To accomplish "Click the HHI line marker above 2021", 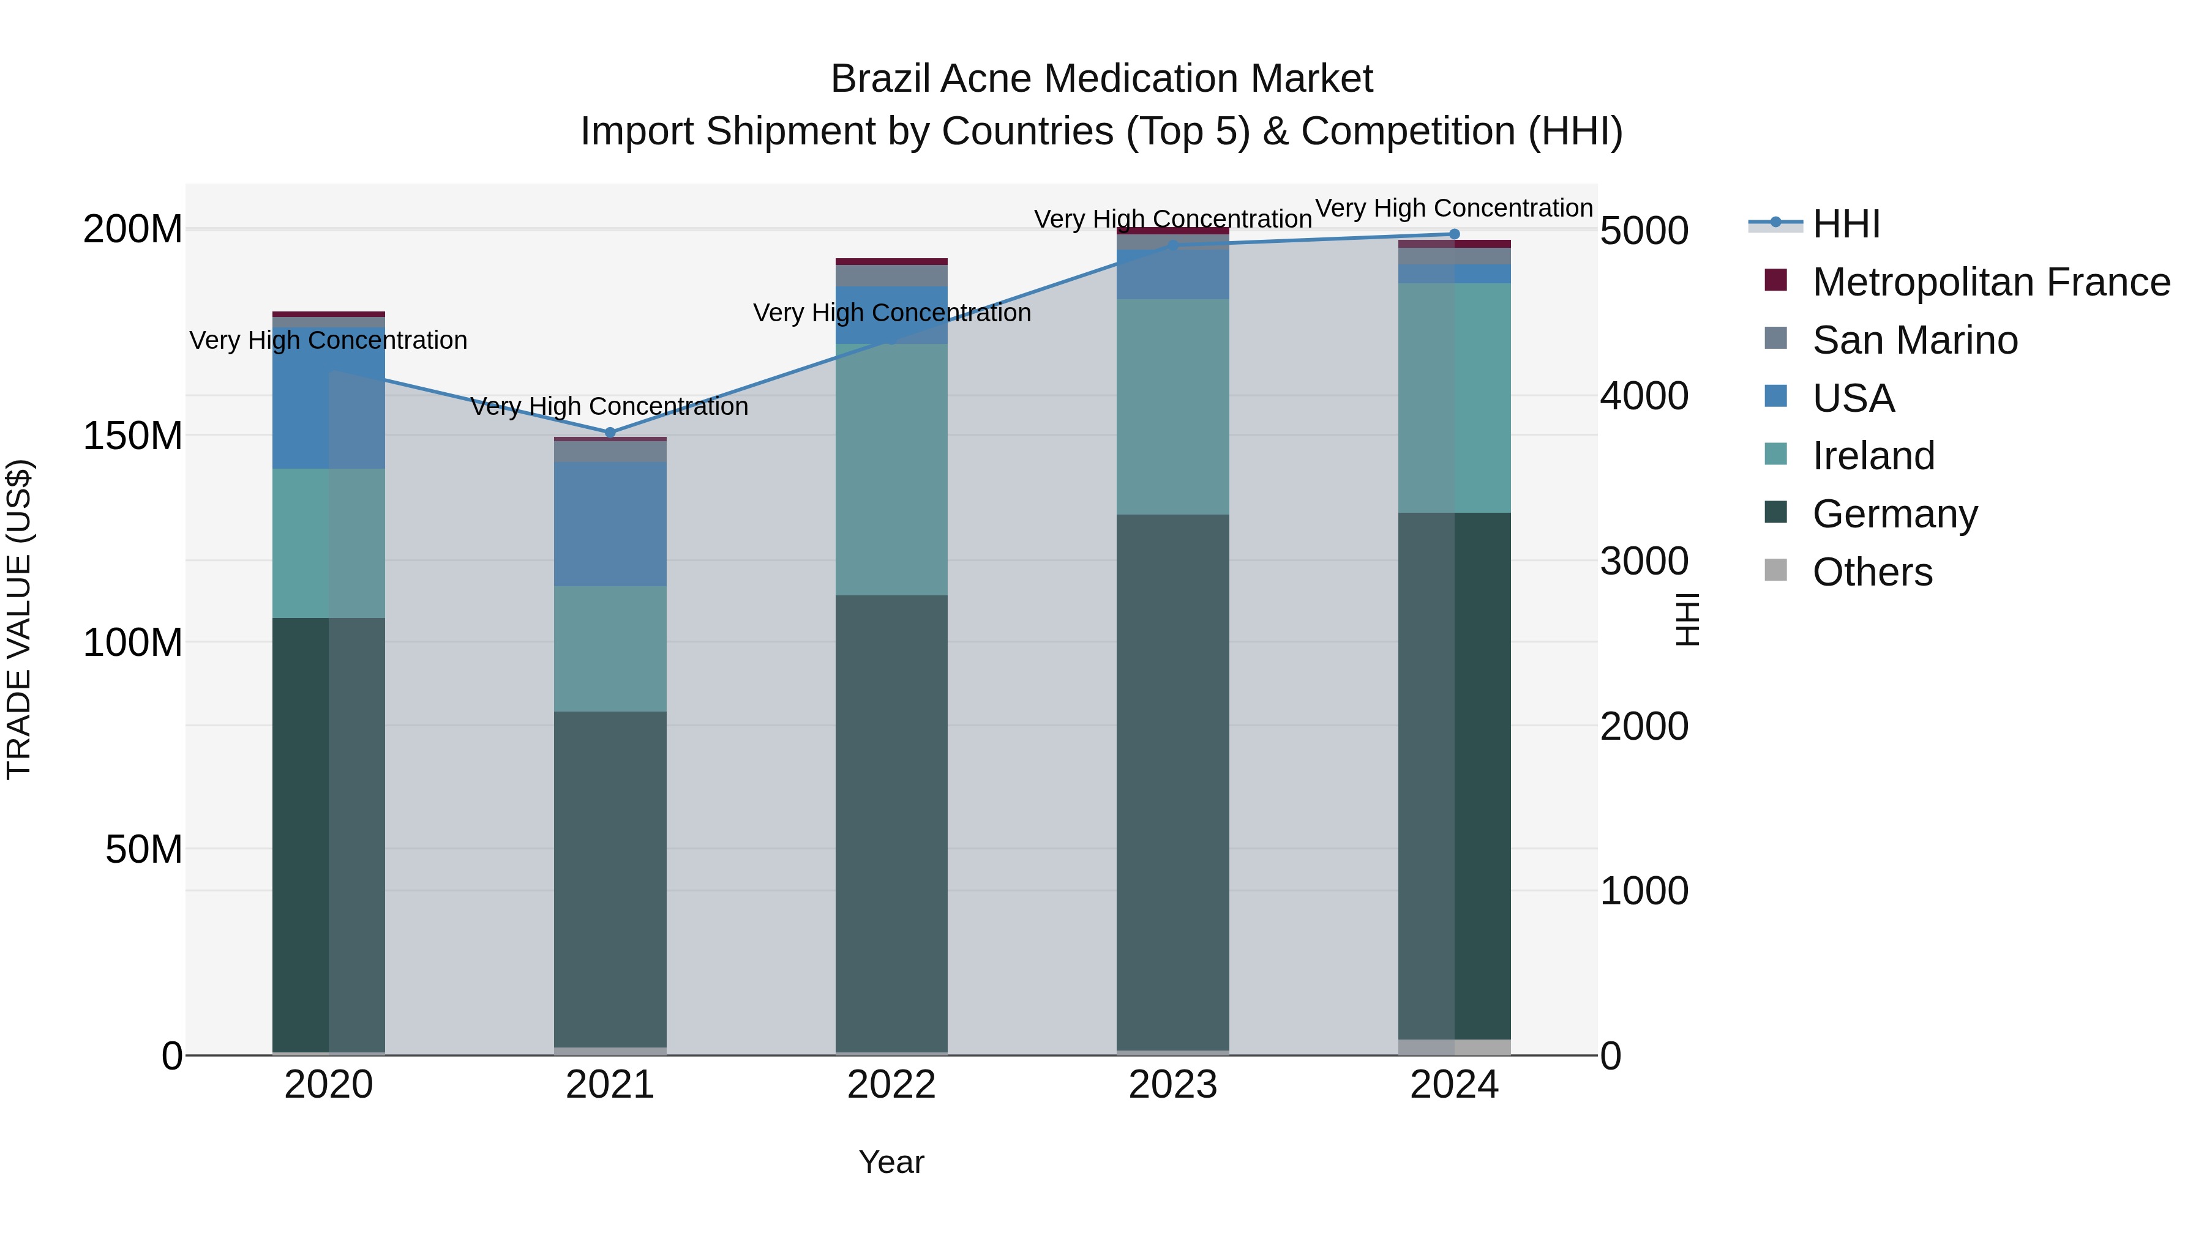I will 610,433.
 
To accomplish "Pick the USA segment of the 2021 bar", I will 610,524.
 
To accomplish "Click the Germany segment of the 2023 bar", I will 1172,783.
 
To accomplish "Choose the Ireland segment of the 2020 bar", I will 329,543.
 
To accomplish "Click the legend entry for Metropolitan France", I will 1990,282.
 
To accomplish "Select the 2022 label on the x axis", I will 891,1085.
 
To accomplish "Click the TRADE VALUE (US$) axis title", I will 19,619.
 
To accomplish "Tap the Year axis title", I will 891,1162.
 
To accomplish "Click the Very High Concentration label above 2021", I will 609,406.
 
